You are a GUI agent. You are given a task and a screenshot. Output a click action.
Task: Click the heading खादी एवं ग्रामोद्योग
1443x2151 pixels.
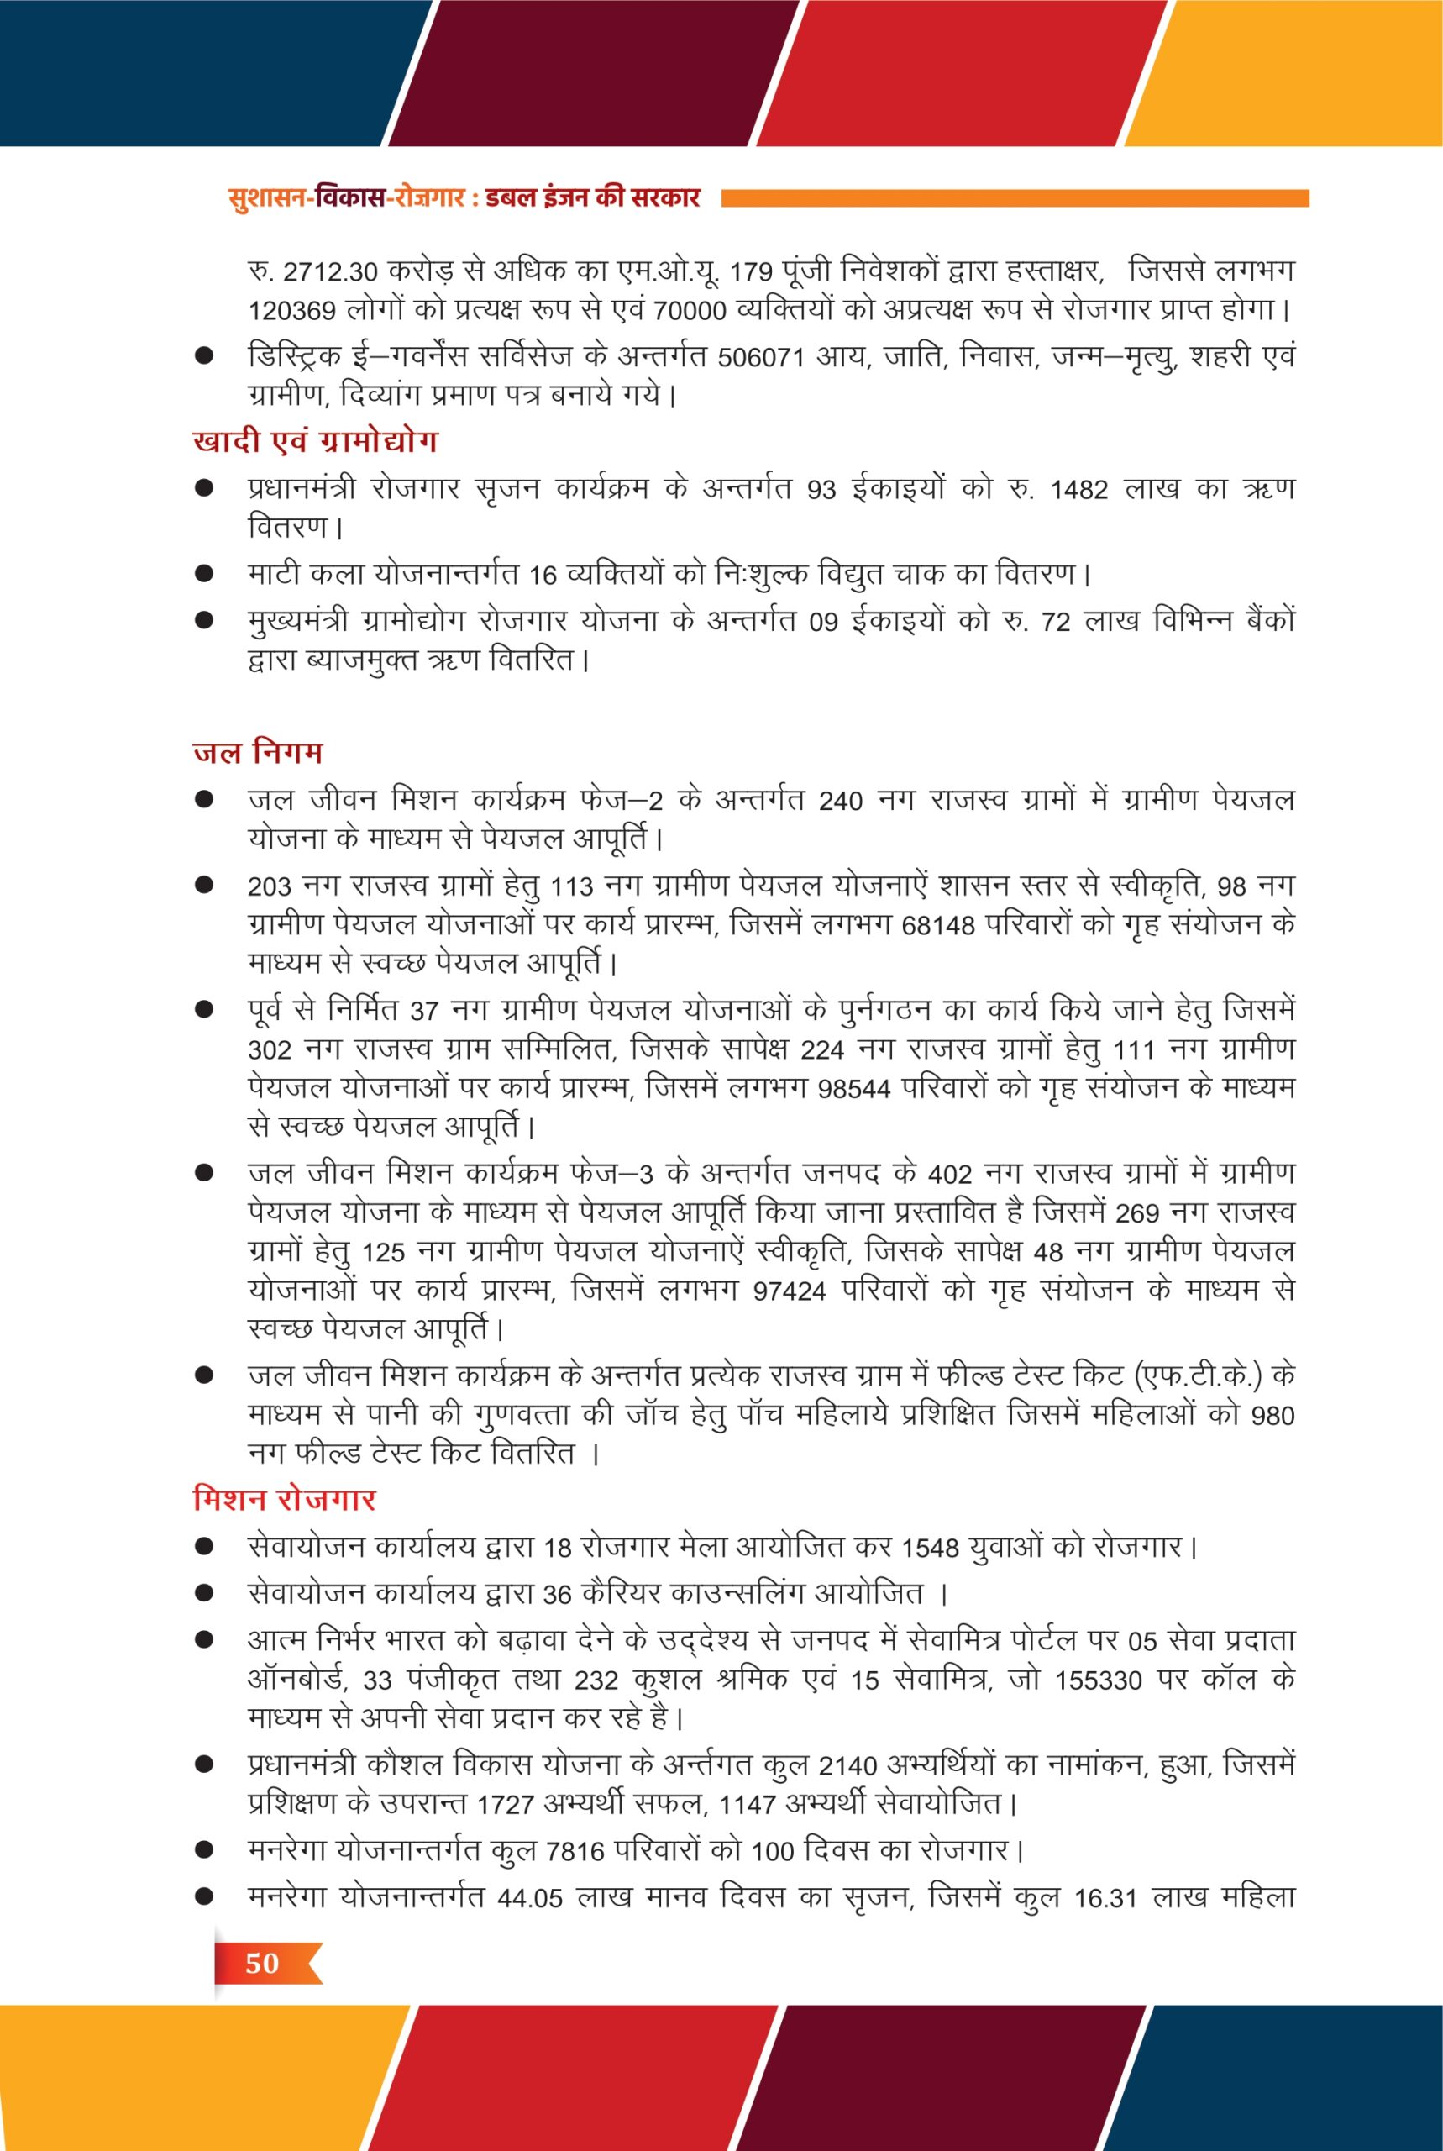(315, 442)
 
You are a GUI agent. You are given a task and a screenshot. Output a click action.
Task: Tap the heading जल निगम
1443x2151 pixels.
(258, 752)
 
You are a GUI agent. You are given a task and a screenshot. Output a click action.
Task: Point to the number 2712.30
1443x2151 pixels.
(330, 273)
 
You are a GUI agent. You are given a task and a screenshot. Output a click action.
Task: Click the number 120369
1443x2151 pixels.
(291, 312)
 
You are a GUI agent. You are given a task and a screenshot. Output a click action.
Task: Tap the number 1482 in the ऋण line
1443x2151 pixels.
(1078, 491)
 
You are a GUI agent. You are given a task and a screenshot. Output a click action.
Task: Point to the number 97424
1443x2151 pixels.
(789, 1292)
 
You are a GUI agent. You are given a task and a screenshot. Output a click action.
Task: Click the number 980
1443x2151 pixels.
(1272, 1417)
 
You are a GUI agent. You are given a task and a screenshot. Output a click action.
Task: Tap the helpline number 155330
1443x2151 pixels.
(1098, 1680)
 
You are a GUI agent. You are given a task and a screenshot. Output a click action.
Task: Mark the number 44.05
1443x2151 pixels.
(529, 1898)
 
